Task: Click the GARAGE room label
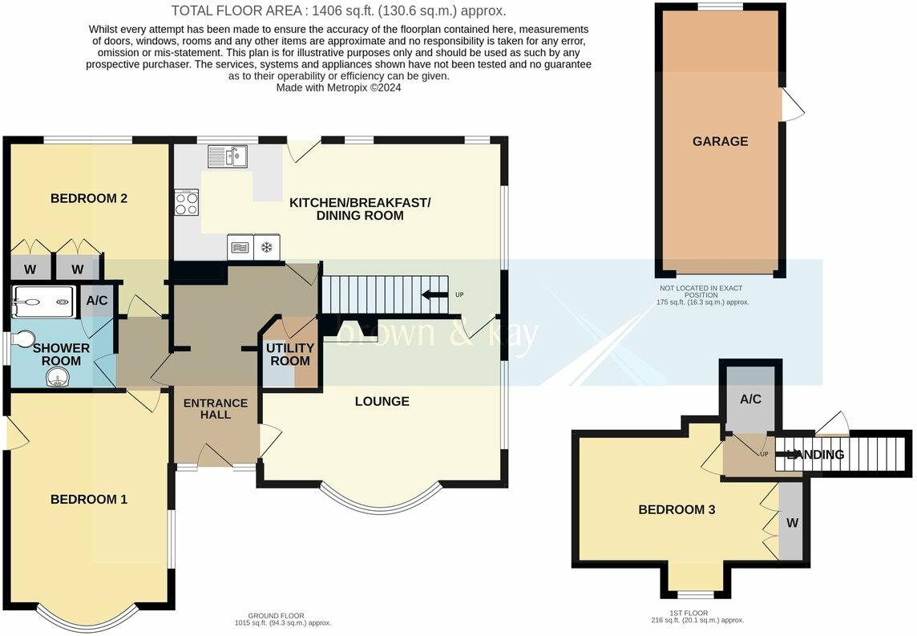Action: [x=720, y=141]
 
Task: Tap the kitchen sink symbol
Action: [x=228, y=156]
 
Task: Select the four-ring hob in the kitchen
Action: [x=187, y=202]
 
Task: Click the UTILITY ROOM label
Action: [x=289, y=354]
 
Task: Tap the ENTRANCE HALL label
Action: [x=216, y=408]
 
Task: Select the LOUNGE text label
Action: [x=382, y=401]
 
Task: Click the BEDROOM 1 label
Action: [x=88, y=500]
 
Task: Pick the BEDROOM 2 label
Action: [x=88, y=198]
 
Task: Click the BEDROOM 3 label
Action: [x=677, y=509]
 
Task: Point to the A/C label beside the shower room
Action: [x=97, y=301]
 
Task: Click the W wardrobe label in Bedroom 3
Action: [x=792, y=523]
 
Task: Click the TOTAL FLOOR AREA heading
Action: [x=339, y=11]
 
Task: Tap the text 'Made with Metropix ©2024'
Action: [x=338, y=87]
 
